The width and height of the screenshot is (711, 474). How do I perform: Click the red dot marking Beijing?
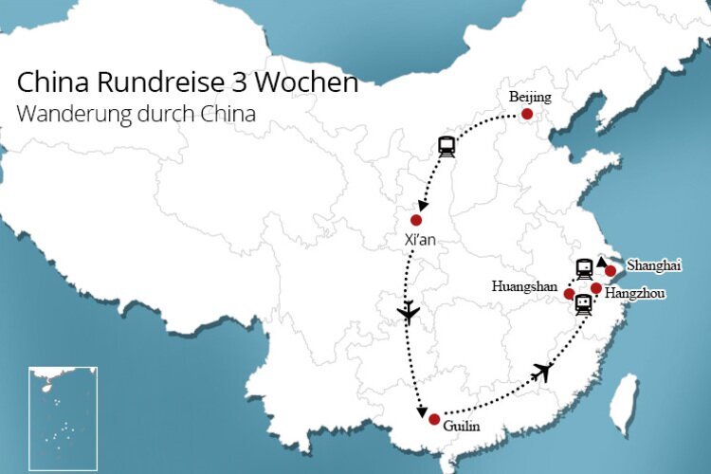(x=527, y=115)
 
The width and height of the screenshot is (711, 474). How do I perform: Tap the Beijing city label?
(x=529, y=98)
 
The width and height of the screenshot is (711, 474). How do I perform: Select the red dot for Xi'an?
(x=415, y=220)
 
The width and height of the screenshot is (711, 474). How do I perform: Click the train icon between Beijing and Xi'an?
(x=447, y=146)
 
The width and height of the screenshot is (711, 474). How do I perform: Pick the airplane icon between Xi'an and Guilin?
(x=409, y=312)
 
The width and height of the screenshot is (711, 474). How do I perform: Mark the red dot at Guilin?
(x=433, y=419)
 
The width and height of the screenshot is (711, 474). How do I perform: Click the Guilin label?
(x=462, y=427)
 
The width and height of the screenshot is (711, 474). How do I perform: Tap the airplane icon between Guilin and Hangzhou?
(x=541, y=372)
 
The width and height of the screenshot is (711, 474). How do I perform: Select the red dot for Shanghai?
(x=611, y=271)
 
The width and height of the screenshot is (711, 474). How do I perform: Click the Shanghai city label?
(x=654, y=266)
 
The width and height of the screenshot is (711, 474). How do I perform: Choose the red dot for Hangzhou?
(x=595, y=287)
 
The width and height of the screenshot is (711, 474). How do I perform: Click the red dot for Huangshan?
(x=569, y=293)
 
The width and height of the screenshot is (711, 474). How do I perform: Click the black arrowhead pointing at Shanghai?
(x=602, y=260)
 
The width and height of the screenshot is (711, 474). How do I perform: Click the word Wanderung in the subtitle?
(x=66, y=113)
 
